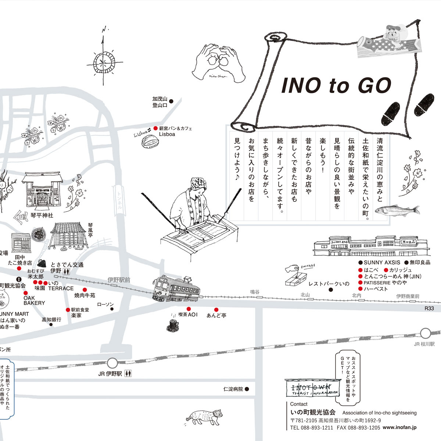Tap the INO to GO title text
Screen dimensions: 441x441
[336, 85]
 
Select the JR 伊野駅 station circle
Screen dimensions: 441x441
[112, 363]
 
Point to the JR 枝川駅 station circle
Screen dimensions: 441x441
[426, 333]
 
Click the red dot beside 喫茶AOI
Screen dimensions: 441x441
[189, 309]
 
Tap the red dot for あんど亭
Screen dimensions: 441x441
[216, 310]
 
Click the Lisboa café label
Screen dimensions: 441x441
[167, 135]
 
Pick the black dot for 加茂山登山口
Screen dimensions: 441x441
[171, 100]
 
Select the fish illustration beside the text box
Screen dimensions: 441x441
[397, 210]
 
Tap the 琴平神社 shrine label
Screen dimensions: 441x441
[42, 215]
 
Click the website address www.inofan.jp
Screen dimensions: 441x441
[399, 428]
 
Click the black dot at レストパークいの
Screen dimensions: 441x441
[330, 290]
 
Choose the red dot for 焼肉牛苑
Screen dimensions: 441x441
[85, 290]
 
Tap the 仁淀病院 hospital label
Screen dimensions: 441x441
[233, 389]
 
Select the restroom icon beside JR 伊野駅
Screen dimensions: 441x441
[128, 373]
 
